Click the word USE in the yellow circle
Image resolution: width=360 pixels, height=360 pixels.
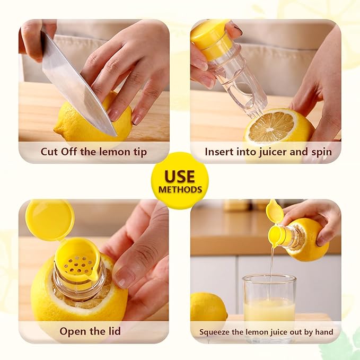coord(180,176)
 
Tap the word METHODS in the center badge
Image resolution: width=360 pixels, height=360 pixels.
coord(180,189)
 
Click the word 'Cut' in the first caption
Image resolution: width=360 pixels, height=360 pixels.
coord(49,152)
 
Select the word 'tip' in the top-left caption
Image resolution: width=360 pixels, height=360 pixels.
coord(140,152)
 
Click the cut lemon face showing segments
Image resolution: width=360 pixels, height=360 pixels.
coord(271,127)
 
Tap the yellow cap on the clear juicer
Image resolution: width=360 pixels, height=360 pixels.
coord(211,39)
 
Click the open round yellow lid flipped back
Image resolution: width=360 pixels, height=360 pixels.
coord(50,219)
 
